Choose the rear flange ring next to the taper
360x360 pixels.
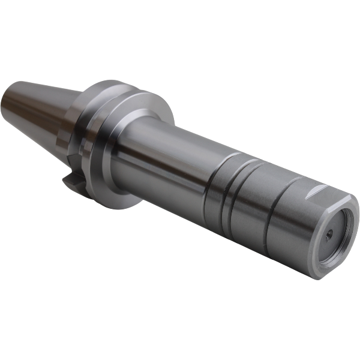pos(90,120)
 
